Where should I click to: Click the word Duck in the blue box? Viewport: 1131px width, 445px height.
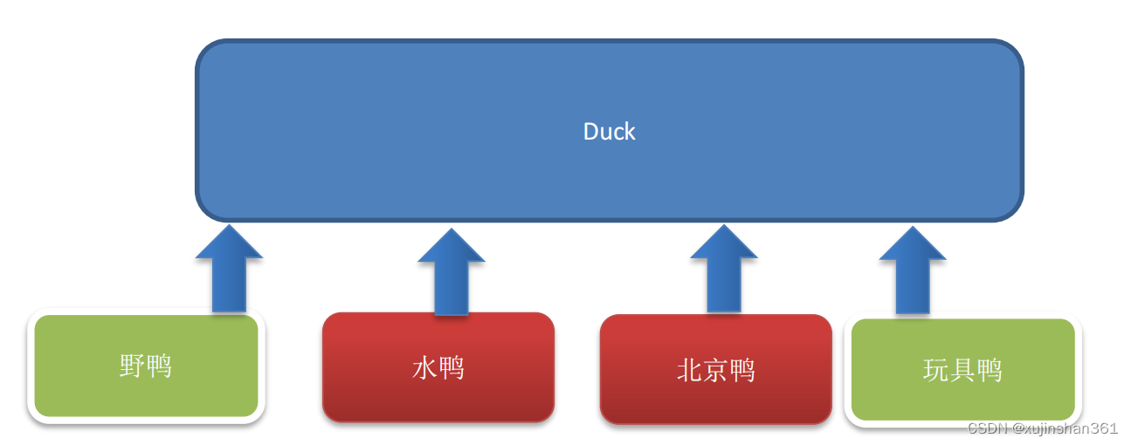(609, 132)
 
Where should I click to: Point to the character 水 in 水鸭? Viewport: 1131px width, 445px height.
(424, 367)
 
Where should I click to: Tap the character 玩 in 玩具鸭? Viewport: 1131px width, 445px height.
(935, 371)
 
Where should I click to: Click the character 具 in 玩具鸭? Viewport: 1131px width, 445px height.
(962, 371)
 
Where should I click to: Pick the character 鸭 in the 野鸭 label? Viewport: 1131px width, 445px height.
(159, 366)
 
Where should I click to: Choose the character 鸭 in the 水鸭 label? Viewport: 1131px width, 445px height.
(451, 367)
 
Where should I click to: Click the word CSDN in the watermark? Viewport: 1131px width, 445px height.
(988, 428)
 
